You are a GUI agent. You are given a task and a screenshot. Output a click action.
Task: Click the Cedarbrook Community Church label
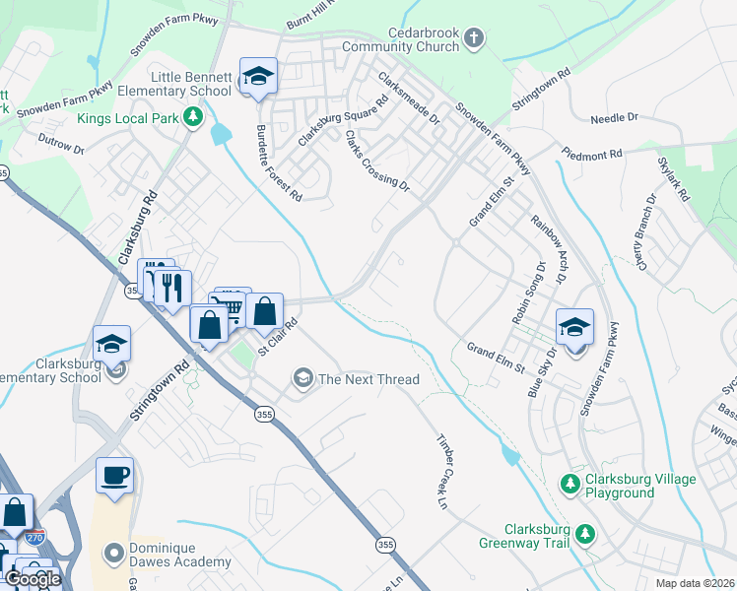pos(409,39)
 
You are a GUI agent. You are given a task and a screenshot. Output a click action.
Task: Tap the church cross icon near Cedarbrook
pos(474,39)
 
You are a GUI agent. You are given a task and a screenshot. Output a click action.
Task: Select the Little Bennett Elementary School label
pos(190,84)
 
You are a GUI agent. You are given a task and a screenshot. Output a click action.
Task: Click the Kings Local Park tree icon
pos(194,118)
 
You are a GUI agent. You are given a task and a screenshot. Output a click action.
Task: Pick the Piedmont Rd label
pos(592,154)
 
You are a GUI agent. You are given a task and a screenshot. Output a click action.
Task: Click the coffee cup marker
pos(114,475)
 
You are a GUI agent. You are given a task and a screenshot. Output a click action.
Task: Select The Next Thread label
pos(368,379)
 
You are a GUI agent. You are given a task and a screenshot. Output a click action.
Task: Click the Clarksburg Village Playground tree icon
pos(569,485)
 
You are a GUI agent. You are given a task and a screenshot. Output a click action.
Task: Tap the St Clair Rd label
pos(278,337)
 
